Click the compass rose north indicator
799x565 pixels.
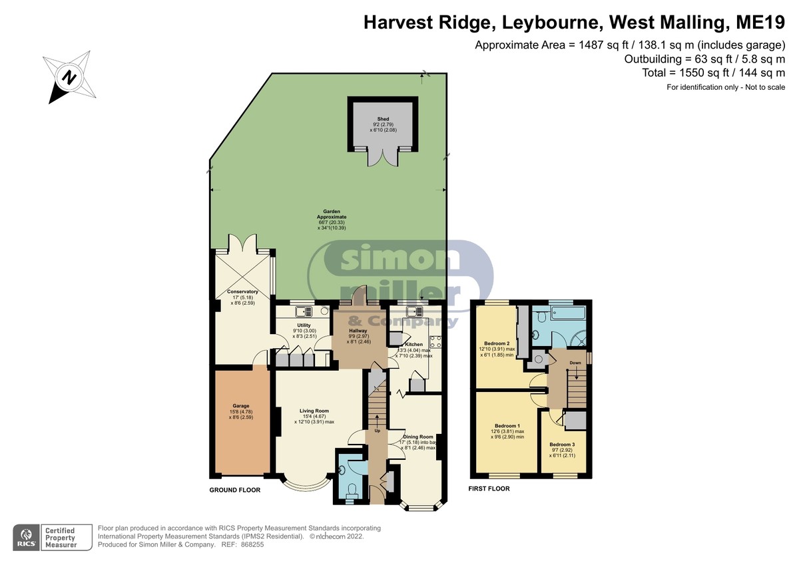coord(69,77)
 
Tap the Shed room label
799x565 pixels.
coord(383,119)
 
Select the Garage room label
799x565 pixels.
coord(241,406)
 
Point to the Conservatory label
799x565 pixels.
coord(242,291)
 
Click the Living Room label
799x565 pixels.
coord(314,411)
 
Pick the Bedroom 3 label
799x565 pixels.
coord(562,445)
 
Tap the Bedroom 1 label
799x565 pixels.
coord(507,426)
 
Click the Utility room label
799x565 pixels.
coord(304,325)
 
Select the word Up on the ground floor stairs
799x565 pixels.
coord(378,431)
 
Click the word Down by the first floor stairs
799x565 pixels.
coord(575,363)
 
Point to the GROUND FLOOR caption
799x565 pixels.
coord(234,490)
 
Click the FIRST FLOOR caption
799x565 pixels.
coord(489,488)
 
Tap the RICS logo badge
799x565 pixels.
coord(27,538)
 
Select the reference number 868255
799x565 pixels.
coord(252,544)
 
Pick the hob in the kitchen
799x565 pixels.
coord(435,342)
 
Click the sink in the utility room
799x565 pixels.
coord(304,311)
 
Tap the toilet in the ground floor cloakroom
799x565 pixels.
coord(352,490)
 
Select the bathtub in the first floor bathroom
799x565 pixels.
coord(568,313)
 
